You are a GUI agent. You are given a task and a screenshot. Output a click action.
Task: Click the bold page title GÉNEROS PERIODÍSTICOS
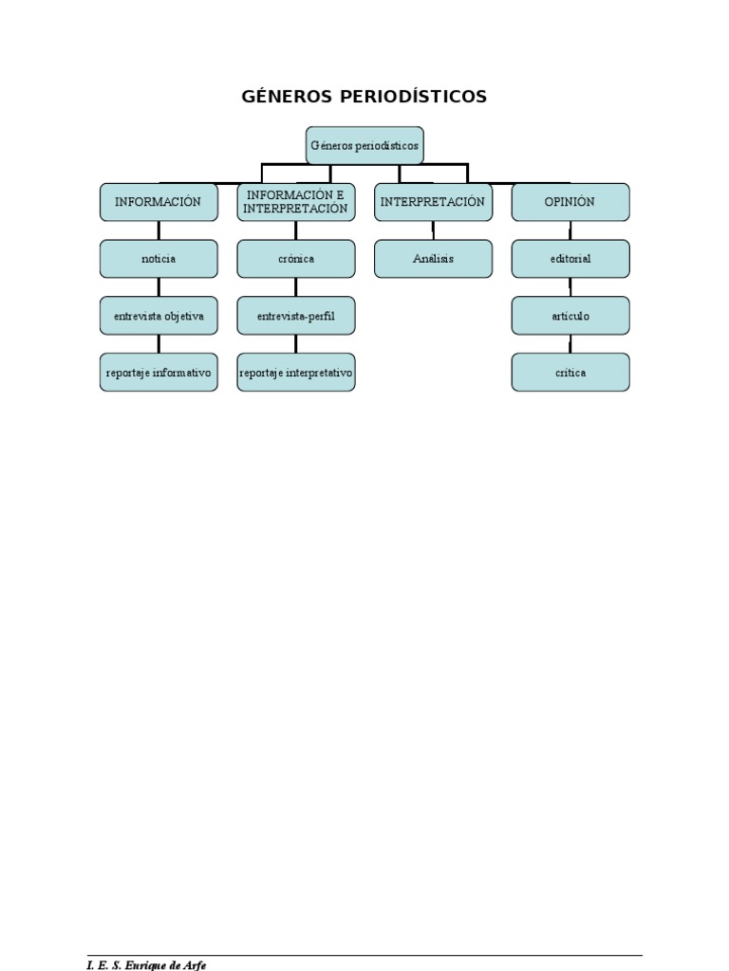coord(364,97)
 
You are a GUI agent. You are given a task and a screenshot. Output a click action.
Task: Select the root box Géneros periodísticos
coord(364,145)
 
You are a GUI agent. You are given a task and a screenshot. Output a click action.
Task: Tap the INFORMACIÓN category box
coord(159,202)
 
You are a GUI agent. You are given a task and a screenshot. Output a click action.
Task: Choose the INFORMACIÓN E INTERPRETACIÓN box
coord(296,202)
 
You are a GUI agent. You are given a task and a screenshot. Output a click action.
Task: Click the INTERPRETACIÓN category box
coord(433,202)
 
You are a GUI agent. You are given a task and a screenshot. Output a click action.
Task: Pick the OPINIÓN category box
coord(570,202)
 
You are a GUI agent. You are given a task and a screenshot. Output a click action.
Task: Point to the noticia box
coord(159,259)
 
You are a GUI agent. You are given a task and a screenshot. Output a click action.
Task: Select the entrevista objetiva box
coord(159,316)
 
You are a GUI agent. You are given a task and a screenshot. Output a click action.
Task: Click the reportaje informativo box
coord(159,373)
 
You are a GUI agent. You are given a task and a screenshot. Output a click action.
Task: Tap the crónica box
coord(296,259)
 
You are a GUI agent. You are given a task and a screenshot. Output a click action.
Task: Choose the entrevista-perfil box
coord(296,316)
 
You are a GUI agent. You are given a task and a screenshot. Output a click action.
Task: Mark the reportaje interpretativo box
coord(296,373)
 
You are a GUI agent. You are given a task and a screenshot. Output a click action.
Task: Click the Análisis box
coord(433,259)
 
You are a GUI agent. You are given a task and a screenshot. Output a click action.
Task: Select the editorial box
coord(570,259)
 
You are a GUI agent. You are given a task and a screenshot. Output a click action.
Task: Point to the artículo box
coord(570,316)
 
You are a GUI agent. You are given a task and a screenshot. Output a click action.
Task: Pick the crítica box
coord(570,373)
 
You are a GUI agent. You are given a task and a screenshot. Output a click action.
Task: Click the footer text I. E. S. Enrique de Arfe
coord(146,964)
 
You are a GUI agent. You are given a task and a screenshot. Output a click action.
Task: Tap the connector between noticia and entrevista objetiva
coord(159,287)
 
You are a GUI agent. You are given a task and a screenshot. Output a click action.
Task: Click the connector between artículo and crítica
coord(570,344)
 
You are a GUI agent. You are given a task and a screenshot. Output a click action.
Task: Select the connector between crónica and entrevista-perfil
coord(296,287)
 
